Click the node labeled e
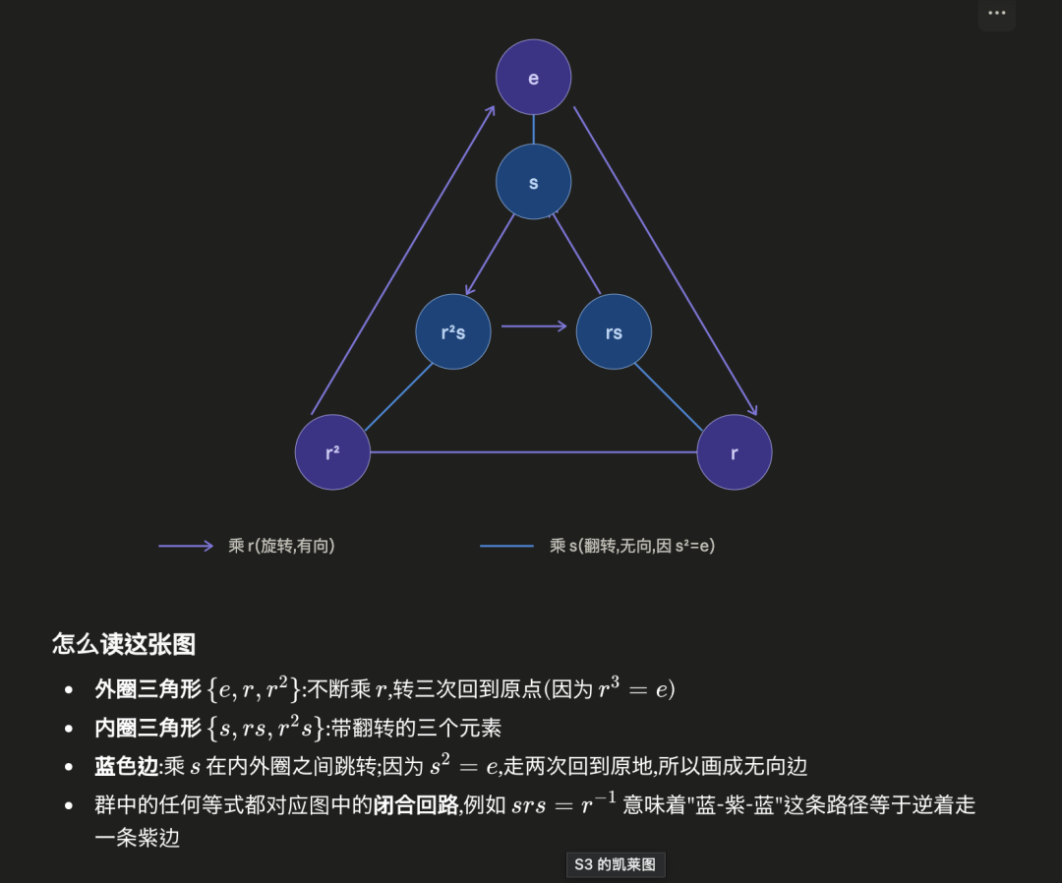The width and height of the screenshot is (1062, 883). (x=533, y=78)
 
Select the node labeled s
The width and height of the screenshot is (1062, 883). (x=533, y=182)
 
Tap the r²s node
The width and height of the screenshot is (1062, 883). (x=453, y=331)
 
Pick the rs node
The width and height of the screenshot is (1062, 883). (x=614, y=331)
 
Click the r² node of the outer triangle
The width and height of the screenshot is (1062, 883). (x=332, y=451)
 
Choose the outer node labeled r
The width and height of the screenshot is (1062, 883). (x=735, y=451)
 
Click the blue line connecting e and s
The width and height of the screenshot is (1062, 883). (x=533, y=130)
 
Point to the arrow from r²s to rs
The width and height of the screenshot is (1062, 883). (x=534, y=326)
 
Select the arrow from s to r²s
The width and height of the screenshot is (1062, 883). (x=490, y=255)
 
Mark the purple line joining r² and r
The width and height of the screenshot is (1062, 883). (x=534, y=451)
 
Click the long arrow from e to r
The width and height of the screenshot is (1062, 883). (x=665, y=261)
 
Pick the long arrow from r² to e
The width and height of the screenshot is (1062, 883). (x=403, y=260)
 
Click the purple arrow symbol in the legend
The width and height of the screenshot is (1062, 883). (x=186, y=546)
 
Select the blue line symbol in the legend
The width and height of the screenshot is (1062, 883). (x=506, y=546)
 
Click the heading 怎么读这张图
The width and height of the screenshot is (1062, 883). (x=124, y=643)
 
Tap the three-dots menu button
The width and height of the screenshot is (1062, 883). (x=997, y=13)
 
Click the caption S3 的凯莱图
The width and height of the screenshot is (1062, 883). (x=616, y=864)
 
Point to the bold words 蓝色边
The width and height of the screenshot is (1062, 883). (x=127, y=766)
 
